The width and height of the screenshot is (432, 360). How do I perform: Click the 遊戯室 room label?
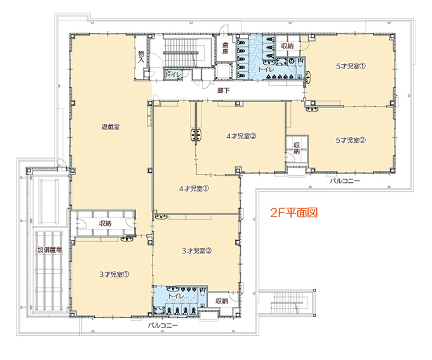(x=111, y=127)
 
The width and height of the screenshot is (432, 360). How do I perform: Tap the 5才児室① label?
(x=351, y=67)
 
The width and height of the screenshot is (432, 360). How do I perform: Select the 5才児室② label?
(x=351, y=140)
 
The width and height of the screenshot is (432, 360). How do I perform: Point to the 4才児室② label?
(x=241, y=136)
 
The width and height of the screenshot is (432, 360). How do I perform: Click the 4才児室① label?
(x=194, y=189)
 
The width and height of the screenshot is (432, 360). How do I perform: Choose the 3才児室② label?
(x=196, y=251)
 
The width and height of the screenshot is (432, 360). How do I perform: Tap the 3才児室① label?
(x=114, y=274)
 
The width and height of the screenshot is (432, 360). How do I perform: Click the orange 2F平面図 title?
(x=294, y=213)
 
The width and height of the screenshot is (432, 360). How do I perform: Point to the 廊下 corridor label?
(x=223, y=90)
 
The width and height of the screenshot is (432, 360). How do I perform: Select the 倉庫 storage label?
(x=226, y=48)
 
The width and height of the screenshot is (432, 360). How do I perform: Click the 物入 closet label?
(x=141, y=57)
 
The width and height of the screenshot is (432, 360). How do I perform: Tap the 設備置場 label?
(x=50, y=250)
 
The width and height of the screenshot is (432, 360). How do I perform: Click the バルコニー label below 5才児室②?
(x=345, y=181)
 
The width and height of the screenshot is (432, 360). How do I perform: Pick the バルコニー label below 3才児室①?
(x=163, y=325)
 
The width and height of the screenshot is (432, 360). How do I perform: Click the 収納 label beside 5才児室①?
(x=287, y=46)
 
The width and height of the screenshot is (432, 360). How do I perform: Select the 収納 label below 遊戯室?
(x=105, y=223)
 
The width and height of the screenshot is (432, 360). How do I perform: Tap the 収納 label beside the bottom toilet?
(x=222, y=301)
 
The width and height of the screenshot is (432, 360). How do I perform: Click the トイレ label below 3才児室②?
(x=176, y=296)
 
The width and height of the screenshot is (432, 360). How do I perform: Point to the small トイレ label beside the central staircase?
(x=173, y=74)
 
